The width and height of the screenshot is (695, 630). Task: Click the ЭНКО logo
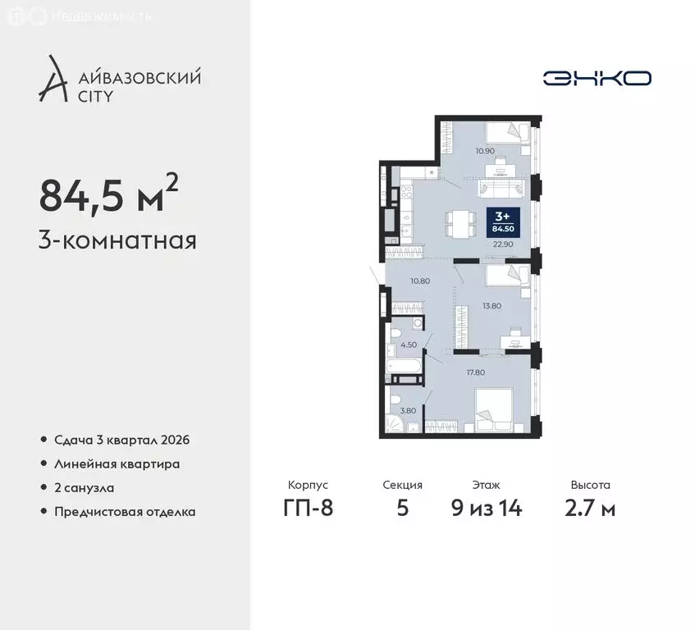point(597,78)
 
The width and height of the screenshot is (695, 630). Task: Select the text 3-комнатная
point(117,241)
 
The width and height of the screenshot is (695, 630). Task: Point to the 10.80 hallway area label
point(420,281)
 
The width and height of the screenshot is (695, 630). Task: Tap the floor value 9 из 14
point(487,509)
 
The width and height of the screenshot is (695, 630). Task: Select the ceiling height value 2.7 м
point(591,509)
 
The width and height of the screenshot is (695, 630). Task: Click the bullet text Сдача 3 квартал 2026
point(121,440)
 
